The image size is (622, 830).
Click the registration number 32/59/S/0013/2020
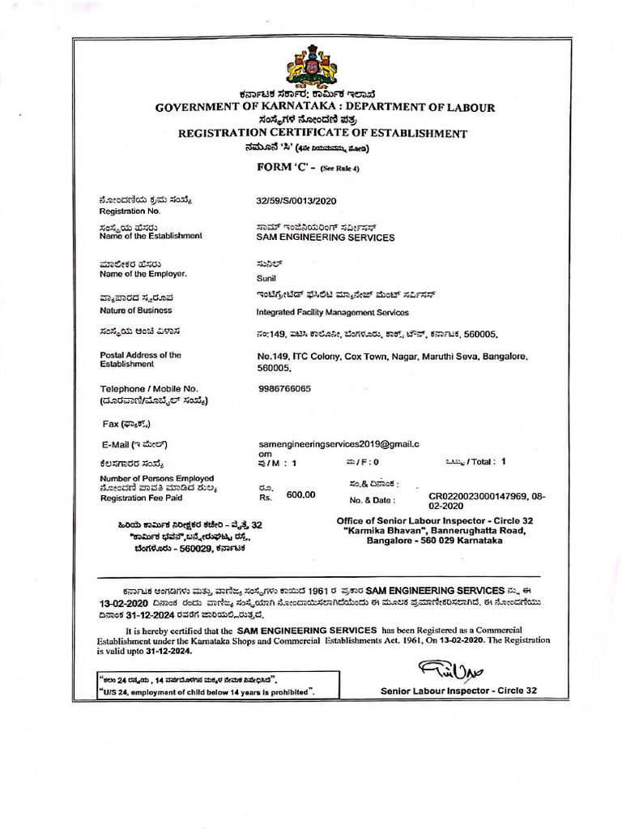point(296,199)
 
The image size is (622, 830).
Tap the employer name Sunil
point(266,278)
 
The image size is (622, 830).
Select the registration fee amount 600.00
point(300,494)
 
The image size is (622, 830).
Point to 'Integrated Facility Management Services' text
point(332,312)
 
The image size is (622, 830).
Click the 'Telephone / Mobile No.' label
point(148,389)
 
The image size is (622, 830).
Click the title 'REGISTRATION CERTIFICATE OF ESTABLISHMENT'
point(322,133)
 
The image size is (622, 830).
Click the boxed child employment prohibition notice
point(206,686)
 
